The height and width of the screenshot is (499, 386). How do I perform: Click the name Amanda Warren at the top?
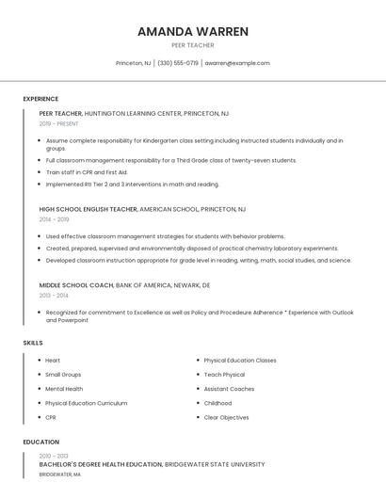[193, 31]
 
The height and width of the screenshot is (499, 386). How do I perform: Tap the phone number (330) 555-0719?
[178, 63]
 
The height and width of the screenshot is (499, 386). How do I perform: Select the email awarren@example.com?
[237, 63]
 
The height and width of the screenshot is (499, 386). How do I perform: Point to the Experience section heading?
[40, 99]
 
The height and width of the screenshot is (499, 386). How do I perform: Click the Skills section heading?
[33, 343]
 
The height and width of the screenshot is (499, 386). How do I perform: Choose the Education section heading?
[40, 442]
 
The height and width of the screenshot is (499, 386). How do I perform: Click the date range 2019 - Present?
[58, 123]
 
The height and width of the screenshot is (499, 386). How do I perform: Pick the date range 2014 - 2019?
[54, 218]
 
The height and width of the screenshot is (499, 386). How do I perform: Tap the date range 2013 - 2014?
[54, 295]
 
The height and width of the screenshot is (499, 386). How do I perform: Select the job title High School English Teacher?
[88, 209]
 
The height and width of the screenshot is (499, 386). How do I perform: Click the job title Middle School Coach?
[75, 284]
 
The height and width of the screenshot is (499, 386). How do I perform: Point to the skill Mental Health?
[64, 389]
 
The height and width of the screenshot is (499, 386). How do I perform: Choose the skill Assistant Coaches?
[229, 389]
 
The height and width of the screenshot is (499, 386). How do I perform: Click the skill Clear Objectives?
[226, 417]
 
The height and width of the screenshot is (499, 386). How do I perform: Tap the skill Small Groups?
[63, 375]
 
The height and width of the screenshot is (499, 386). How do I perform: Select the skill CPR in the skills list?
[51, 417]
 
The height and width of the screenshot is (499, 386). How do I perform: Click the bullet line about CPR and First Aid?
[87, 172]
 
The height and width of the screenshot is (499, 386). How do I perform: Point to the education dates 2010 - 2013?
[54, 456]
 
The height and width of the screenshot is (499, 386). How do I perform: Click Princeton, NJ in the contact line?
[133, 63]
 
